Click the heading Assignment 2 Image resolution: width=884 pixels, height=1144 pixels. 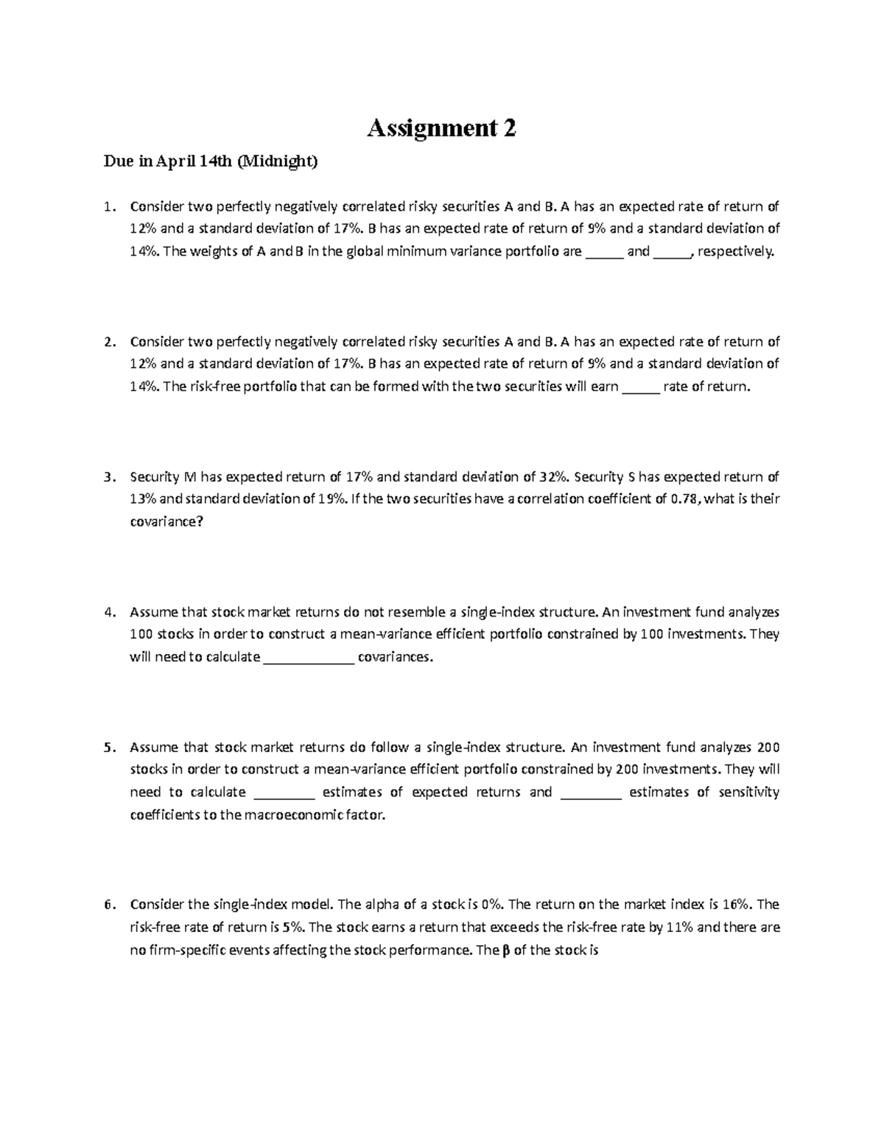pos(441,128)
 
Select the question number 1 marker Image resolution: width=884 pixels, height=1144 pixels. pos(110,206)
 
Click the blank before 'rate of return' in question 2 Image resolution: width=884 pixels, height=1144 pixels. pos(642,387)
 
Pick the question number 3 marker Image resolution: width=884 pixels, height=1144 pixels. pos(110,477)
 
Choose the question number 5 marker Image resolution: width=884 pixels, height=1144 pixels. pos(110,748)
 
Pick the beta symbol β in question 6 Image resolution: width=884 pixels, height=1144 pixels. pos(505,950)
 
